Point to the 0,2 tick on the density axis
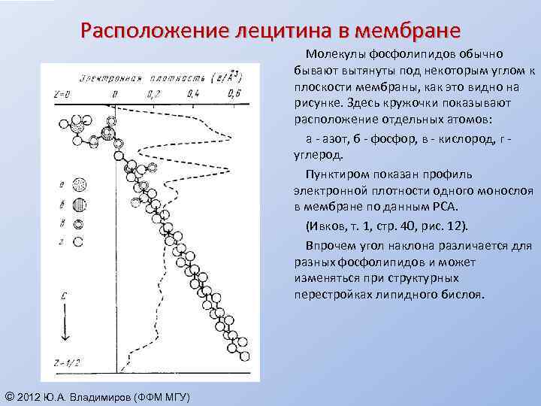pos(153,95)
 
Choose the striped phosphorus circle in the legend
pos(80,205)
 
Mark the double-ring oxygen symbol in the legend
pos(79,223)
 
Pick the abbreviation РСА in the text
pos(438,207)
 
